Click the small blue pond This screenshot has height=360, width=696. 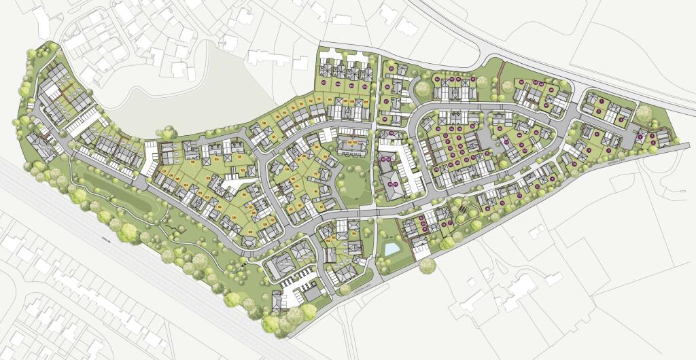tap(391, 249)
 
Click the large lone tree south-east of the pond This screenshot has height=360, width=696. tap(427, 266)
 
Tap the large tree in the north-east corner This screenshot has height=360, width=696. tap(643, 113)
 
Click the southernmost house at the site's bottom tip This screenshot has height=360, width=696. tap(277, 300)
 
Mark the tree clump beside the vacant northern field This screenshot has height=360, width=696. tap(167, 132)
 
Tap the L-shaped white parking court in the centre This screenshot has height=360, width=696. tap(230, 183)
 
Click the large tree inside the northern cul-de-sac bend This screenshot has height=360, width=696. tap(423, 88)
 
